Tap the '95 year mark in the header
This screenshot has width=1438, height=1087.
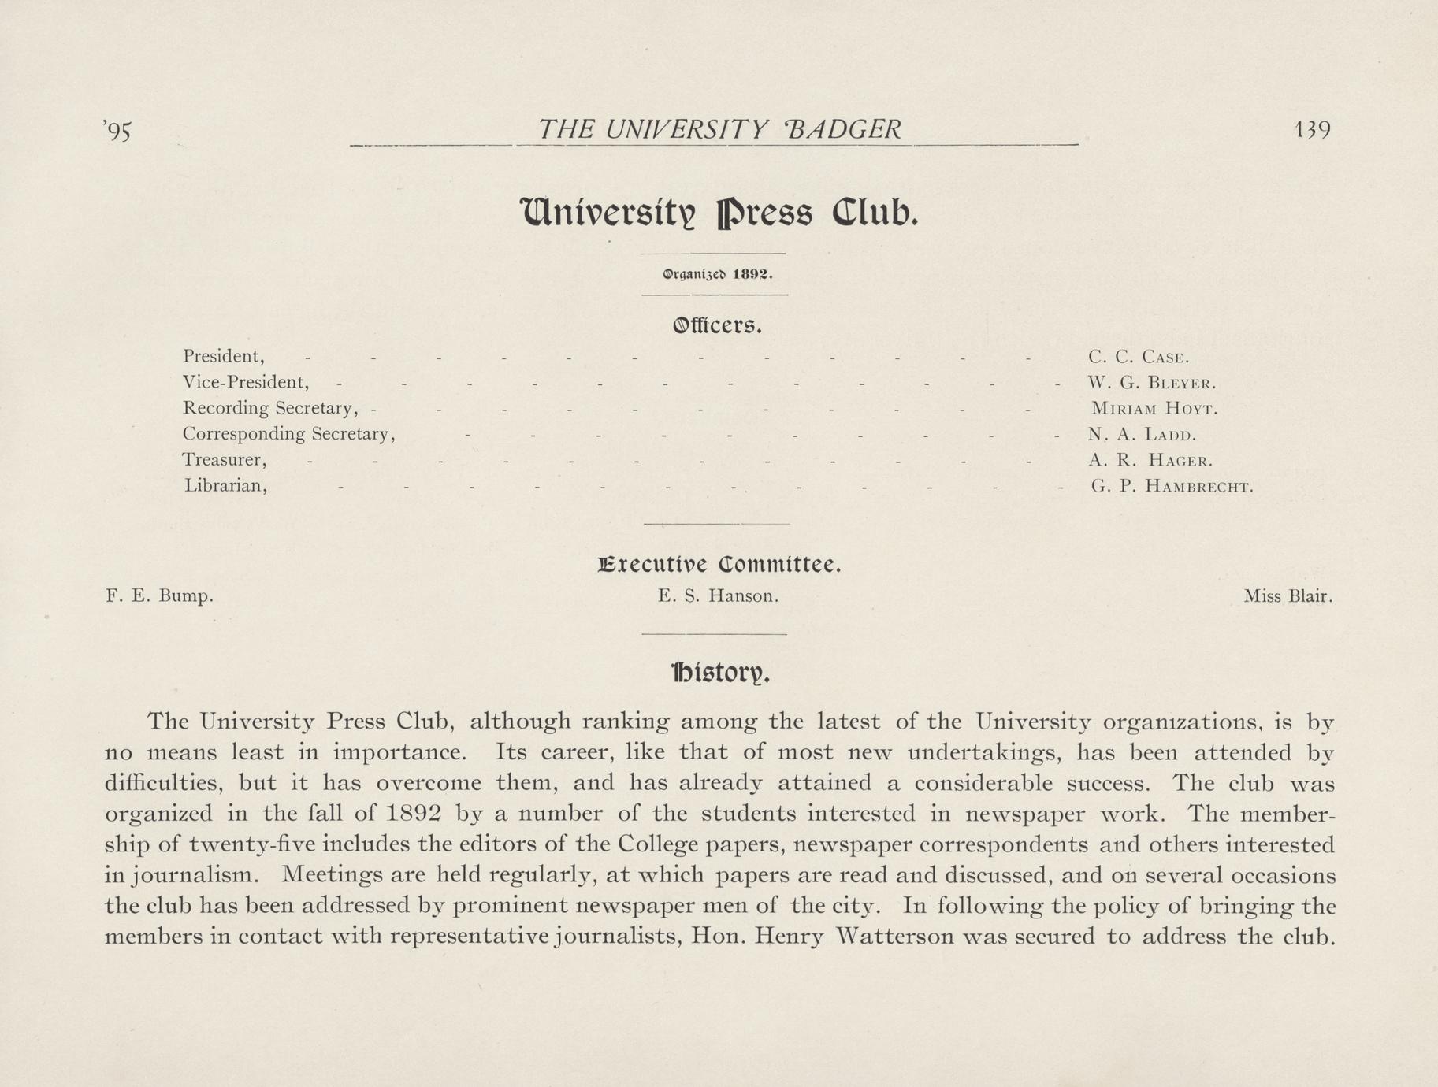click(117, 132)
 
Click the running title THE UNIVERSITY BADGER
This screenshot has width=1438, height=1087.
click(718, 129)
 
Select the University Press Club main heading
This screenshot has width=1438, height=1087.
click(718, 213)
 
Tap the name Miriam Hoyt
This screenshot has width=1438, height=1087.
click(1154, 410)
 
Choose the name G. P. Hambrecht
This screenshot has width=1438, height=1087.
click(1172, 486)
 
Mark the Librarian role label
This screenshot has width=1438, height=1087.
click(225, 486)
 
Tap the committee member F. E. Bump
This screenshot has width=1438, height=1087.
click(159, 596)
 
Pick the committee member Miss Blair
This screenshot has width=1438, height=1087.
click(1288, 596)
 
